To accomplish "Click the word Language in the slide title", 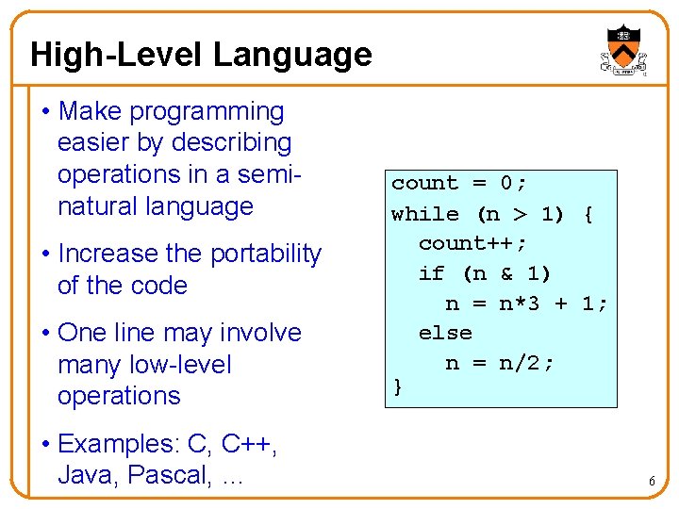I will (292, 55).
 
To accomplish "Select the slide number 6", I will (652, 483).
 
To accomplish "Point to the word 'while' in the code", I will (424, 213).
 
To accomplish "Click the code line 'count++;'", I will (473, 243).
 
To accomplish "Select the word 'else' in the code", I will (445, 333).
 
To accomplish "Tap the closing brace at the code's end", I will (398, 385).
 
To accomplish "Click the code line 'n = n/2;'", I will (500, 363).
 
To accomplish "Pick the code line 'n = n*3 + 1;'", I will (526, 303).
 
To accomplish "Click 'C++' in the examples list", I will (249, 444).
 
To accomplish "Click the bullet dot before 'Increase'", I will (46, 254).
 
